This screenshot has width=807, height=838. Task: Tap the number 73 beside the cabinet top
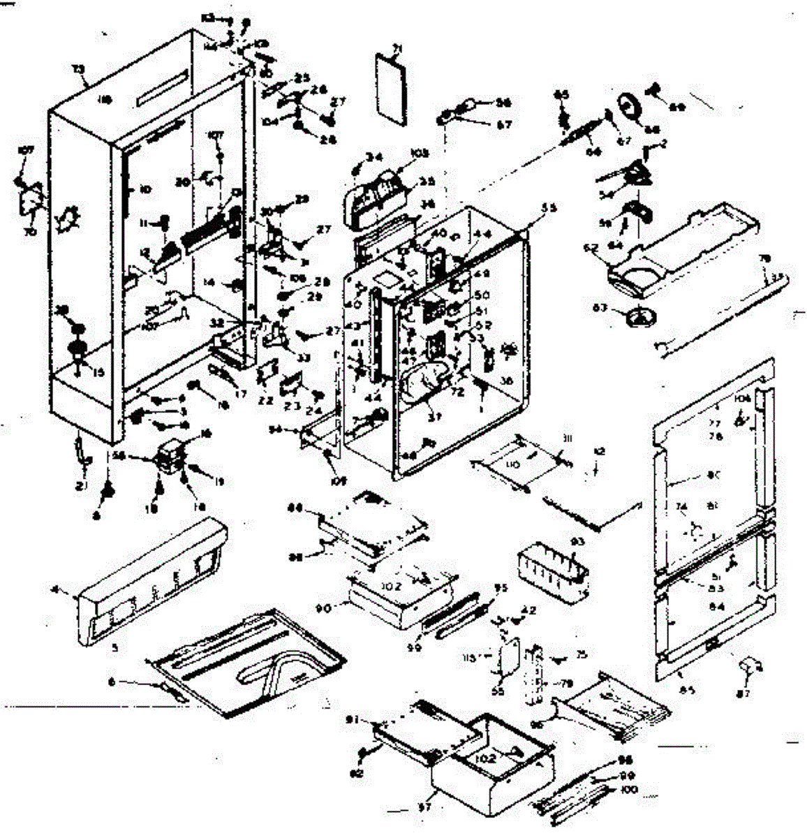(79, 69)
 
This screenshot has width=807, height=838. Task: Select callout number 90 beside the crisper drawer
(343, 607)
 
